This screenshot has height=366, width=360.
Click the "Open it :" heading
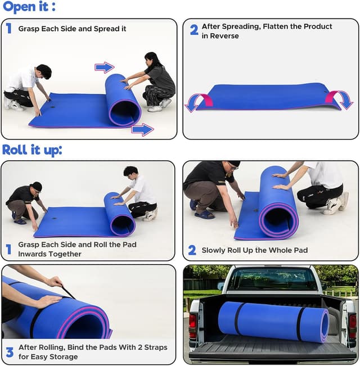click(x=29, y=6)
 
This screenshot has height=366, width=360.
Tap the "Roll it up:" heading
click(x=32, y=150)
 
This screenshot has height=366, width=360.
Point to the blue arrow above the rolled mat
click(x=105, y=67)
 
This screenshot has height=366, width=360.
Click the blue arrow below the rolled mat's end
click(x=142, y=129)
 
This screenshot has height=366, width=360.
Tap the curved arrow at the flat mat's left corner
click(x=199, y=102)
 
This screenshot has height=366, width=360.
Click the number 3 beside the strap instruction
click(x=10, y=353)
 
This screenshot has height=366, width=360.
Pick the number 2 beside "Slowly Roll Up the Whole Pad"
click(x=192, y=250)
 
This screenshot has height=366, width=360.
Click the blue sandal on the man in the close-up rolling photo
click(x=205, y=214)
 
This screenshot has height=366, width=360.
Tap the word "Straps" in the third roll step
click(x=156, y=347)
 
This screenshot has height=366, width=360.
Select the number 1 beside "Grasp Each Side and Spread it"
click(x=8, y=29)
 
